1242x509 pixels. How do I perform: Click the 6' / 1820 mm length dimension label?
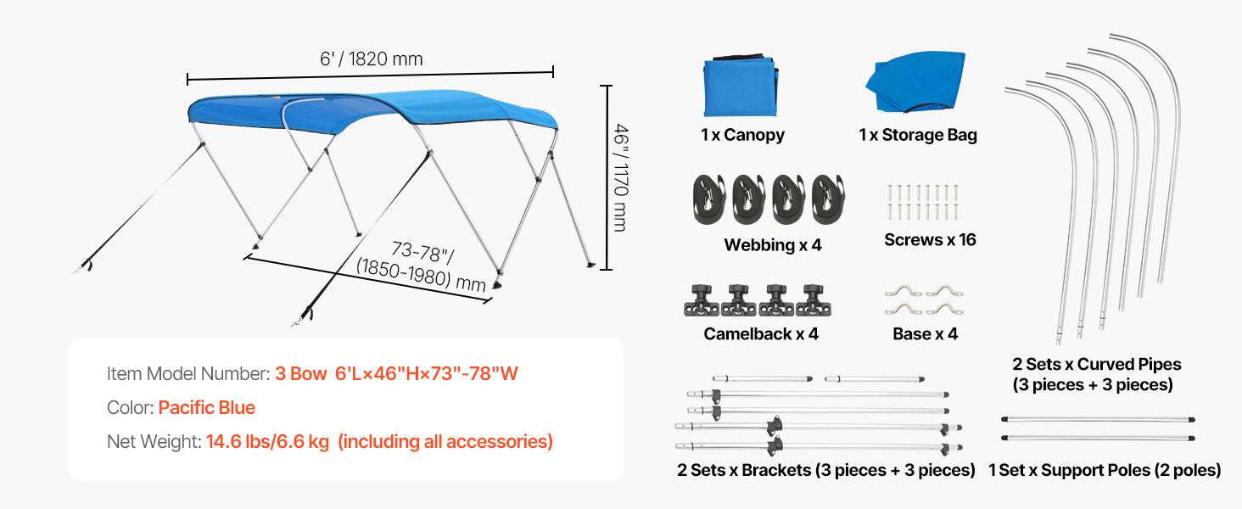tap(372, 59)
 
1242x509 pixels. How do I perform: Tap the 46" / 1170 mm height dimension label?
tap(621, 177)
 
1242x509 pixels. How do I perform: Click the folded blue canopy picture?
tap(741, 86)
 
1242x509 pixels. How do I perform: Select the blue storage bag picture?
tap(915, 81)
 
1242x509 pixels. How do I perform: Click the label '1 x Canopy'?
tap(742, 135)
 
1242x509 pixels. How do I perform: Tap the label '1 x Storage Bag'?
tap(918, 135)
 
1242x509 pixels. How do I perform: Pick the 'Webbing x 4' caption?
tap(772, 244)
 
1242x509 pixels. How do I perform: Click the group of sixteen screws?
tap(923, 203)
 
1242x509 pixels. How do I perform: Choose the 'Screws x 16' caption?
tap(930, 239)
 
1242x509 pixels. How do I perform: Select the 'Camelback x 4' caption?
tap(761, 333)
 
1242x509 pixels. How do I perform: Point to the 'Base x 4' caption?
tap(925, 333)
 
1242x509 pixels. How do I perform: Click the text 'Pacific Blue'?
tap(207, 407)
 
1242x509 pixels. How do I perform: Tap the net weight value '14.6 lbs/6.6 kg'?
tap(268, 441)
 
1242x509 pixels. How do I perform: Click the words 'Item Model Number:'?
tap(188, 374)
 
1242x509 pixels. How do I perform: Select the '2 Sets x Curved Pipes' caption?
tap(1097, 364)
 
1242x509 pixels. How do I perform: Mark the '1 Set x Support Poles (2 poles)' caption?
tap(1105, 470)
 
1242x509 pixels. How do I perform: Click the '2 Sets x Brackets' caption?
tap(743, 470)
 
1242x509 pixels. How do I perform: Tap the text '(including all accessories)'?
tap(445, 441)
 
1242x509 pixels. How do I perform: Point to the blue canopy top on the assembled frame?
tap(372, 111)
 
